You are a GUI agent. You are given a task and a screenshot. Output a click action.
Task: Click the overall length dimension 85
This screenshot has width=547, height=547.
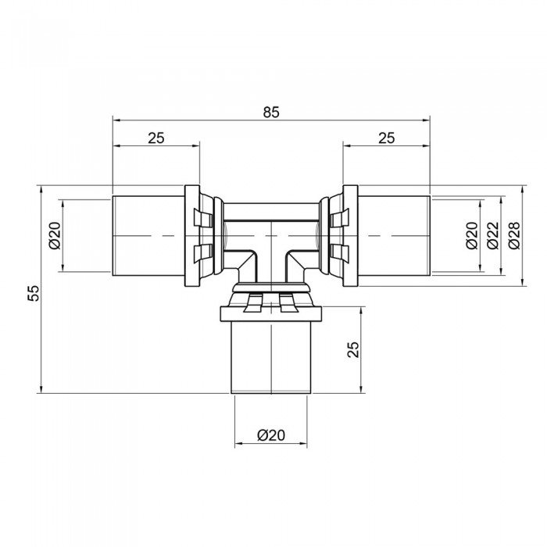pyautogui.click(x=270, y=112)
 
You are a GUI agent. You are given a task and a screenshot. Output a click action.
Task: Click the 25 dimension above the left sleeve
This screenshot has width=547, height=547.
pyautogui.click(x=156, y=138)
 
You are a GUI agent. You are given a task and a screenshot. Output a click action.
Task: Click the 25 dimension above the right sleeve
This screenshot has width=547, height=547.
pyautogui.click(x=386, y=138)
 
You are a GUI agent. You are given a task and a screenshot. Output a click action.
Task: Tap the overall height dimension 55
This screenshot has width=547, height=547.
pyautogui.click(x=32, y=293)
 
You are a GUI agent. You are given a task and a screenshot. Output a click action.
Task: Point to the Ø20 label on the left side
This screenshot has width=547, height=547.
pyautogui.click(x=54, y=235)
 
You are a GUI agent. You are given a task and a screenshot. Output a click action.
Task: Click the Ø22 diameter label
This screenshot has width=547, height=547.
pyautogui.click(x=492, y=235)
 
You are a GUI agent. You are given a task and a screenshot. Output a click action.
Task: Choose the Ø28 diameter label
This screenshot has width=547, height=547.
pyautogui.click(x=513, y=235)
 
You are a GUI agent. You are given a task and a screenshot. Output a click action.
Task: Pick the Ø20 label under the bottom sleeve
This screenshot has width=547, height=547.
pyautogui.click(x=270, y=436)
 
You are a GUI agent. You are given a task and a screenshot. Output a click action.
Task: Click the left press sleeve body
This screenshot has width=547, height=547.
pyautogui.click(x=148, y=235)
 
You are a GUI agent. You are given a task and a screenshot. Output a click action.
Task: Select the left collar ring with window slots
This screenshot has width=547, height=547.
pyautogui.click(x=200, y=235)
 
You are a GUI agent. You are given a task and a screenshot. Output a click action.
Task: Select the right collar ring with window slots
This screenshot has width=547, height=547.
pyautogui.click(x=342, y=235)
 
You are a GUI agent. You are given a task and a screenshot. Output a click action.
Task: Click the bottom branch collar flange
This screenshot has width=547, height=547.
pyautogui.click(x=270, y=313)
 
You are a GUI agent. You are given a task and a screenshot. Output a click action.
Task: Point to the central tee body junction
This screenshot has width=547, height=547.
pyautogui.click(x=270, y=238)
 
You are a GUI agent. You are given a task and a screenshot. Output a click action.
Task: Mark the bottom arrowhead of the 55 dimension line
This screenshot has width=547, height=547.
pyautogui.click(x=40, y=390)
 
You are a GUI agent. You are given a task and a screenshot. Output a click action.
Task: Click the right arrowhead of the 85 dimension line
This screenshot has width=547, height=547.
pyautogui.click(x=427, y=120)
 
